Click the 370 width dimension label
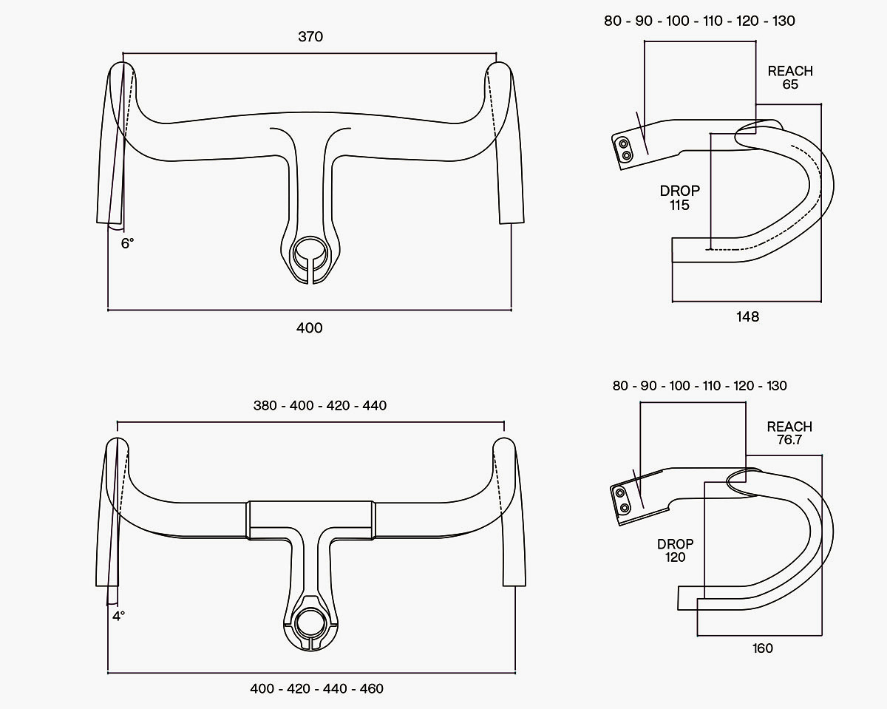coord(310,37)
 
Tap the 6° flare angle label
coord(127,244)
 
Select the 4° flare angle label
coord(118,617)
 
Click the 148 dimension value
coord(748,316)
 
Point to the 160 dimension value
coord(763,648)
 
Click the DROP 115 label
coord(680,198)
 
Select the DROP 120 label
coord(675,551)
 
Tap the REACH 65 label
coord(790,78)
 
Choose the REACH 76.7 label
coord(789,433)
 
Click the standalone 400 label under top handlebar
coord(310,328)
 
